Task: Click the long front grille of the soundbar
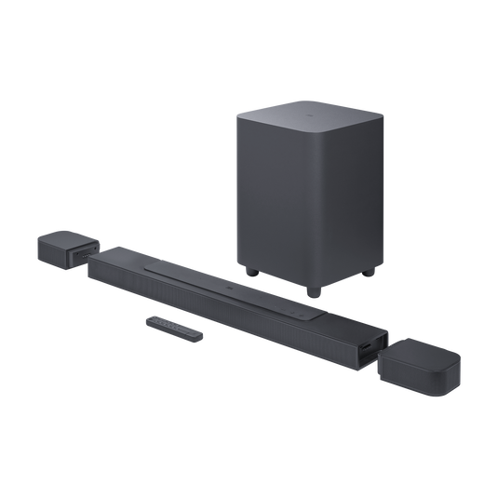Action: [214, 313]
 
